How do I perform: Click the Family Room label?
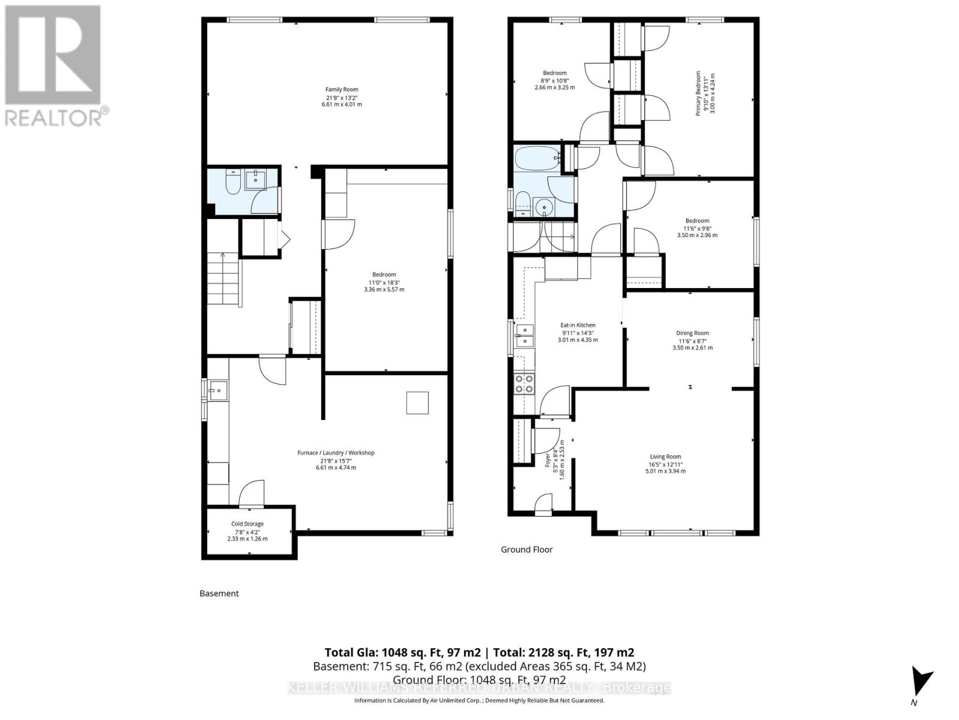[342, 97]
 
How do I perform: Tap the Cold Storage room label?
[247, 531]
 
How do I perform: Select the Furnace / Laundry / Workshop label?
[336, 460]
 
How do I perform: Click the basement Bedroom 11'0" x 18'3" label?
[384, 282]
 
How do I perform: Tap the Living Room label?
[665, 464]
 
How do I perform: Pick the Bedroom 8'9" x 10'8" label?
[554, 80]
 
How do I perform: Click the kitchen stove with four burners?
[524, 383]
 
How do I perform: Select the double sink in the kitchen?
[525, 335]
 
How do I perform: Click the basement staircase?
[224, 279]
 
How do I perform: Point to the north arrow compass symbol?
[920, 684]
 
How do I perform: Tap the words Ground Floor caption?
[527, 550]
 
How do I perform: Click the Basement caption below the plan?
[219, 593]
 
